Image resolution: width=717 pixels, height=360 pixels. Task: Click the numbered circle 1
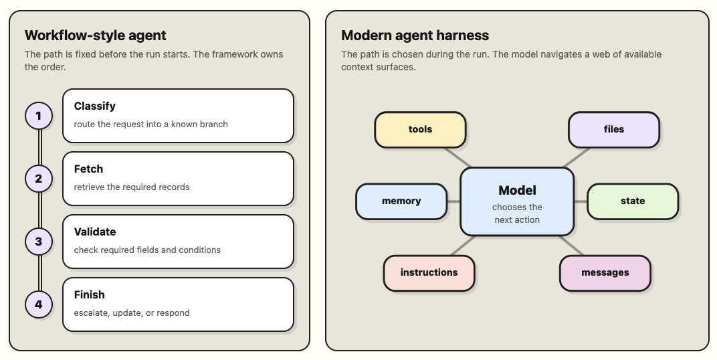[38, 116]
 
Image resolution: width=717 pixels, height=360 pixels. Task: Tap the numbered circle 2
[38, 179]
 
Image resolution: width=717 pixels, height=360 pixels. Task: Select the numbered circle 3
[38, 242]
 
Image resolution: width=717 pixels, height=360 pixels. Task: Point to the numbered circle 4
[38, 304]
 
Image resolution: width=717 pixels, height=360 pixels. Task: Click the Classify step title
[95, 106]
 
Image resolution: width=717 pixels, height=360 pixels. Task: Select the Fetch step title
[88, 169]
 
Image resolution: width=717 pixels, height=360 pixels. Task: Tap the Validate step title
[95, 232]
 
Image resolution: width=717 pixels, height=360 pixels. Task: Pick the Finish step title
[89, 294]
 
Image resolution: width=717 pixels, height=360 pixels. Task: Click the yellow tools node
[420, 129]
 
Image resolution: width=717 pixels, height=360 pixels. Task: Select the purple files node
[613, 129]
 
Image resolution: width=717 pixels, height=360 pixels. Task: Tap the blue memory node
[401, 201]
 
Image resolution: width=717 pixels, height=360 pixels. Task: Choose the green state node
[633, 201]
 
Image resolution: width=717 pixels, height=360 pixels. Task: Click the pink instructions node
[429, 273]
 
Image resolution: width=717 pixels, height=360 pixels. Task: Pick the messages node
[605, 273]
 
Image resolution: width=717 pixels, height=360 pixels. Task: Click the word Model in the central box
[517, 190]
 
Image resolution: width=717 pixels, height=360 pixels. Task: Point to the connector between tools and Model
[457, 158]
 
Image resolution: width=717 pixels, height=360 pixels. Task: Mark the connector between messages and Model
[572, 246]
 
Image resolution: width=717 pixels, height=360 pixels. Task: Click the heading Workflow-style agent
[95, 35]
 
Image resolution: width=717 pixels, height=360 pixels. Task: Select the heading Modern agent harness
[415, 35]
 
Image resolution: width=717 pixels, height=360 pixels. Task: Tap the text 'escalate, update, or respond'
[132, 313]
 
